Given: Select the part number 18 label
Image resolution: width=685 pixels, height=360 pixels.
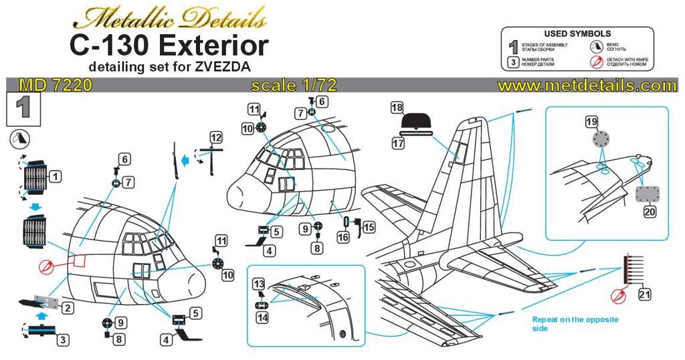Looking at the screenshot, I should coord(397,108).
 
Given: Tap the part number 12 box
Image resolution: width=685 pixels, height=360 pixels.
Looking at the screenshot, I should coord(215,137).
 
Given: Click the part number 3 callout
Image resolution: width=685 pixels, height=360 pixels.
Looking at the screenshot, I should coord(62,340).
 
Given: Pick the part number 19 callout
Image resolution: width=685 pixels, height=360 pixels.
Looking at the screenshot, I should coord(591,122).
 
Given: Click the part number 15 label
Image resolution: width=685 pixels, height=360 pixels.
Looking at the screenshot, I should coord(369,227).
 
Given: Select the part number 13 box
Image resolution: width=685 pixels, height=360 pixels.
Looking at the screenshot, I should coord(259,284).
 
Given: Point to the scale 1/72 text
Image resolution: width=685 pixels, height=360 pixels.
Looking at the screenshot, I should coord(293,86).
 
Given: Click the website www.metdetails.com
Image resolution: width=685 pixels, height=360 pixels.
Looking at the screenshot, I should coord(587,86).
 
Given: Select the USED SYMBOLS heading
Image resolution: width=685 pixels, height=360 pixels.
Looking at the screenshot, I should coord(577,33).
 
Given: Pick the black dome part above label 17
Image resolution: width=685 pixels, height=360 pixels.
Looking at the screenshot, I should coord(416,122).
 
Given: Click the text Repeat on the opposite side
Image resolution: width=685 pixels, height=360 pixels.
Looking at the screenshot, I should coord(575,324).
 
